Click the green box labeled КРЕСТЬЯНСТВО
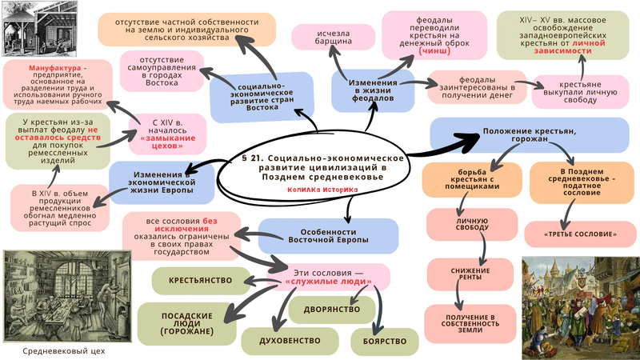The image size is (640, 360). pos(200,281)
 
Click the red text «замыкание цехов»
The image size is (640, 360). pos(170,138)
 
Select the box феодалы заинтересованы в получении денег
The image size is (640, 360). pos(477,86)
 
